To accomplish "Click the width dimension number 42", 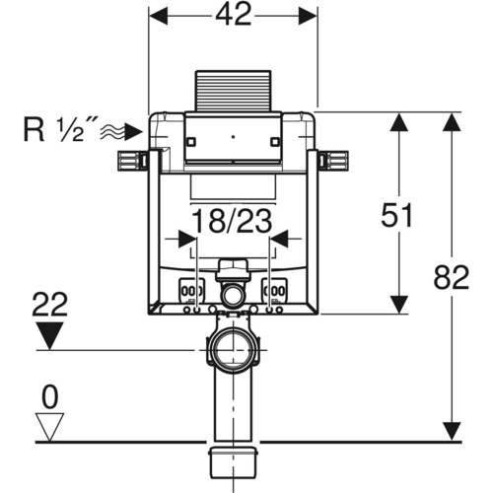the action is (234, 15).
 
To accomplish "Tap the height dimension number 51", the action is (396, 215).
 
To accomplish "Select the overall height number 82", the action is (452, 277).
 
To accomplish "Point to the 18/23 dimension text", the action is (232, 221).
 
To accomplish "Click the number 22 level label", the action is (50, 305).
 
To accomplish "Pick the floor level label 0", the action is (50, 397).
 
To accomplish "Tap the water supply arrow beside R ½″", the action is (121, 133).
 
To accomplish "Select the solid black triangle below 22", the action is (49, 335).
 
